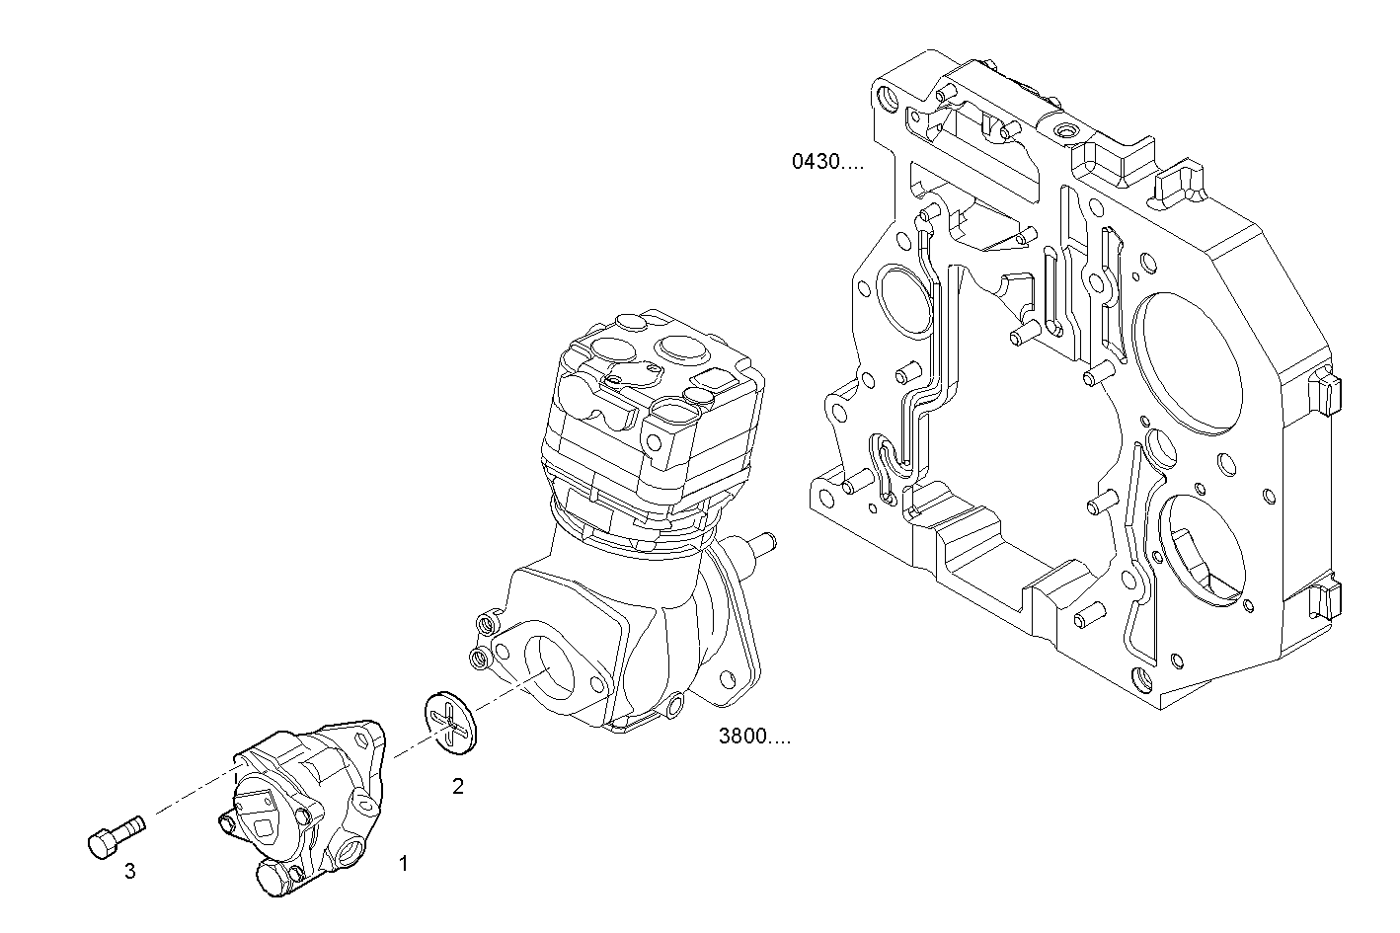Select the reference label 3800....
pyautogui.click(x=754, y=737)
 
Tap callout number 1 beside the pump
pyautogui.click(x=403, y=864)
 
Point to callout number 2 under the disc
pyautogui.click(x=457, y=786)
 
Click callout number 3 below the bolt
pyautogui.click(x=129, y=871)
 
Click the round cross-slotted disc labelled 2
pyautogui.click(x=449, y=724)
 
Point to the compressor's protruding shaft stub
pyautogui.click(x=761, y=543)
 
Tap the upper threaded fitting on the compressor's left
pyautogui.click(x=485, y=623)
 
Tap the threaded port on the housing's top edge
pyautogui.click(x=1068, y=131)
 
